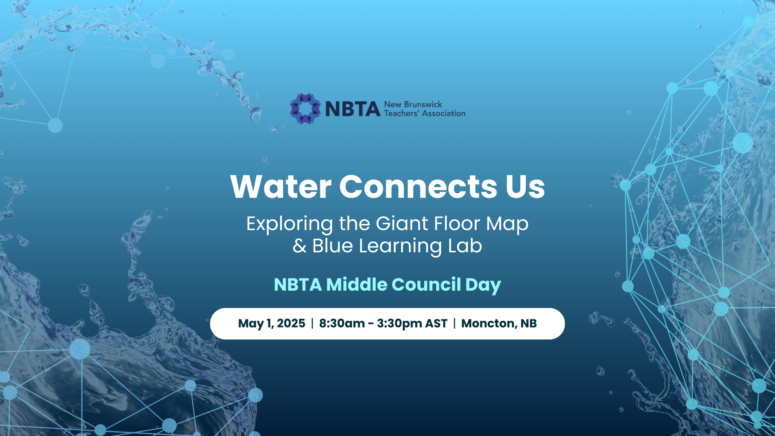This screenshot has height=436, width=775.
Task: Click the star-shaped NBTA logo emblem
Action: coord(306,109)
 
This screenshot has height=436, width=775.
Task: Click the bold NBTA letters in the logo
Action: coord(353,109)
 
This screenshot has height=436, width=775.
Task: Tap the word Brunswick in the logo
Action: coord(423,104)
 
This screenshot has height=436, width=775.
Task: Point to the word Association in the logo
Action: coord(444,113)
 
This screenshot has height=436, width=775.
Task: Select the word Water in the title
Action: coord(281,187)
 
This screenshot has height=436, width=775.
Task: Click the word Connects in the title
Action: coord(419,187)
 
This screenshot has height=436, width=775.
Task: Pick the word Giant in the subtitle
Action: coord(402,223)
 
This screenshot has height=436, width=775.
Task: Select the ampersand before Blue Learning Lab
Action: coord(300,246)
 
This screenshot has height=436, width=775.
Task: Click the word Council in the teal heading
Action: coord(426,284)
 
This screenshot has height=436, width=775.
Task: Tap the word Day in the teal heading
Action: coord(483,285)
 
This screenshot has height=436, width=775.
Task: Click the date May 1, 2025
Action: coord(272,323)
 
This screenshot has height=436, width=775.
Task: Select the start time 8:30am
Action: coord(342,323)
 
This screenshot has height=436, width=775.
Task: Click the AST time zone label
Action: coord(436,323)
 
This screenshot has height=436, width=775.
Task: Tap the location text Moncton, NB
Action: coord(499,323)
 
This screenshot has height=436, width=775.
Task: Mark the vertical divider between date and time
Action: coord(312,323)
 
